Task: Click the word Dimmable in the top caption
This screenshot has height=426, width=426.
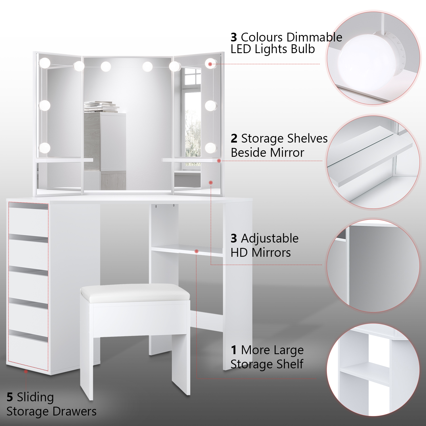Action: pyautogui.click(x=314, y=37)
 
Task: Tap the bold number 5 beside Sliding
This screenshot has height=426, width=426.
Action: pyautogui.click(x=10, y=397)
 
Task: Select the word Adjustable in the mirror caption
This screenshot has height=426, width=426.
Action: pyautogui.click(x=270, y=239)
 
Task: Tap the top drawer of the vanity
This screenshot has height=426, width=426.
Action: pyautogui.click(x=28, y=222)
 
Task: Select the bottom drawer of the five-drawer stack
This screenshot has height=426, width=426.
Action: pyautogui.click(x=28, y=351)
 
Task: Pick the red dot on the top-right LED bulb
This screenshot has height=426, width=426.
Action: pyautogui.click(x=210, y=64)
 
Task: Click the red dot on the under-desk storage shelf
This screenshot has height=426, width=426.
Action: pyautogui.click(x=196, y=251)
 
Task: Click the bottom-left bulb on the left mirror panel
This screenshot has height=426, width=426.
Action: pyautogui.click(x=44, y=148)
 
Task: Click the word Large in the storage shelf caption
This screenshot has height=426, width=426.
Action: pyautogui.click(x=287, y=350)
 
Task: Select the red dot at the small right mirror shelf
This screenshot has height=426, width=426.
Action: pyautogui.click(x=219, y=161)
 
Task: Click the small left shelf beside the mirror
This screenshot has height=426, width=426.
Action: pyautogui.click(x=64, y=160)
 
